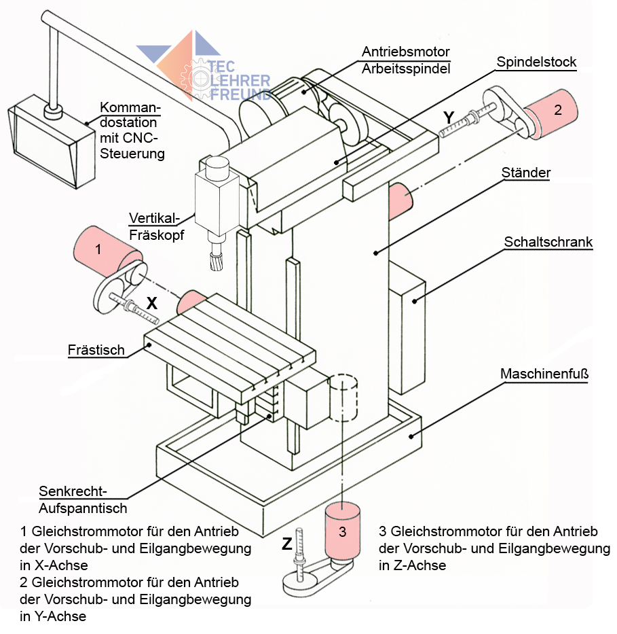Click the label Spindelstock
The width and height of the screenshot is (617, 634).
point(536,63)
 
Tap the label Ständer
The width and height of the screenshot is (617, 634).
point(525,173)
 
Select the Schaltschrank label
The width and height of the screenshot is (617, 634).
point(548,242)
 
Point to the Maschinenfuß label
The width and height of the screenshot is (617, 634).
point(544,373)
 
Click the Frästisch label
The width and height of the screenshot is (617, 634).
point(96,350)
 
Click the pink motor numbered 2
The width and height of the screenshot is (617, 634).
point(552,113)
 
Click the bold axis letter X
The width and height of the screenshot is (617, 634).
point(152,304)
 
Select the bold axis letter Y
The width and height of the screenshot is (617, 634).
point(448,118)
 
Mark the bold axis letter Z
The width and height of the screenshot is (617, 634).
point(288,544)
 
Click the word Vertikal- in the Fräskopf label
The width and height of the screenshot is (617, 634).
point(153,218)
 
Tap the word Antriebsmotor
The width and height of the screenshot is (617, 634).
point(406,52)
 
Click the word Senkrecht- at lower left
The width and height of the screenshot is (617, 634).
point(73,491)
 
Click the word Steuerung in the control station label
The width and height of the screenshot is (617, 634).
point(132,154)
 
